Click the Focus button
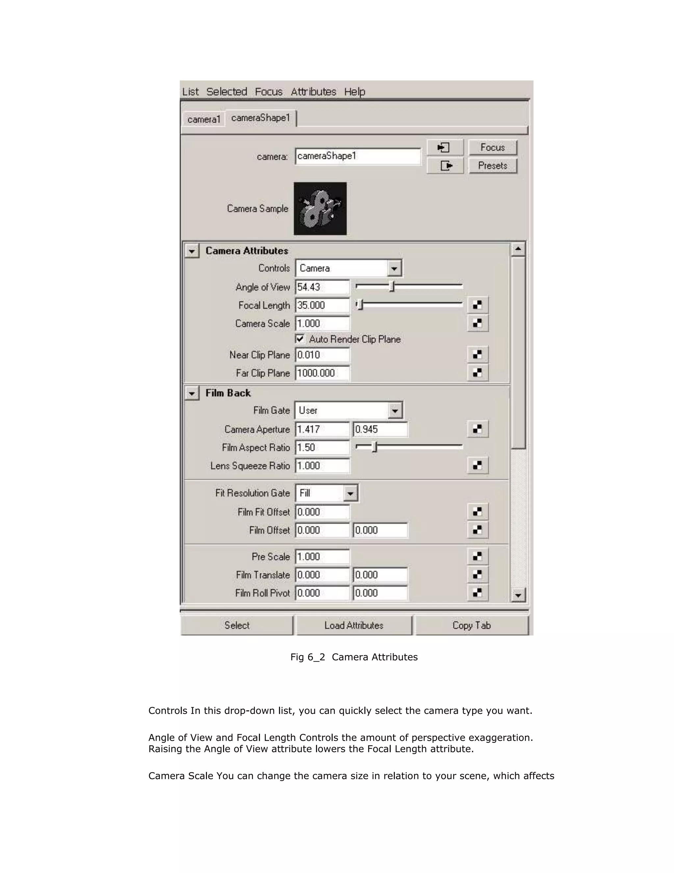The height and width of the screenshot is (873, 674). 492,148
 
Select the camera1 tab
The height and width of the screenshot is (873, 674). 204,120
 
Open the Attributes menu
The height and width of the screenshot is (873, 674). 313,92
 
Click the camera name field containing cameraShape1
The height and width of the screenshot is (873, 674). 358,156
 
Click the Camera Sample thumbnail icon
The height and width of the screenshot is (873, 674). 320,209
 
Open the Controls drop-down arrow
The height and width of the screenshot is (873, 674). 394,268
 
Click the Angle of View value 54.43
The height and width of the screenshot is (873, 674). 322,287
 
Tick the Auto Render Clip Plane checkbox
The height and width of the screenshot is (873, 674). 300,339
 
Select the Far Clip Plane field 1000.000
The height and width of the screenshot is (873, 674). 322,373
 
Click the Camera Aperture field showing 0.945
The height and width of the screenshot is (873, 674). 380,429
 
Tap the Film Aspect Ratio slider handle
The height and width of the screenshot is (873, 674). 375,447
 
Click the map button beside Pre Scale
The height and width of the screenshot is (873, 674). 477,556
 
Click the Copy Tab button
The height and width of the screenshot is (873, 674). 471,626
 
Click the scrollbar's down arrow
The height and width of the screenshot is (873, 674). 518,596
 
